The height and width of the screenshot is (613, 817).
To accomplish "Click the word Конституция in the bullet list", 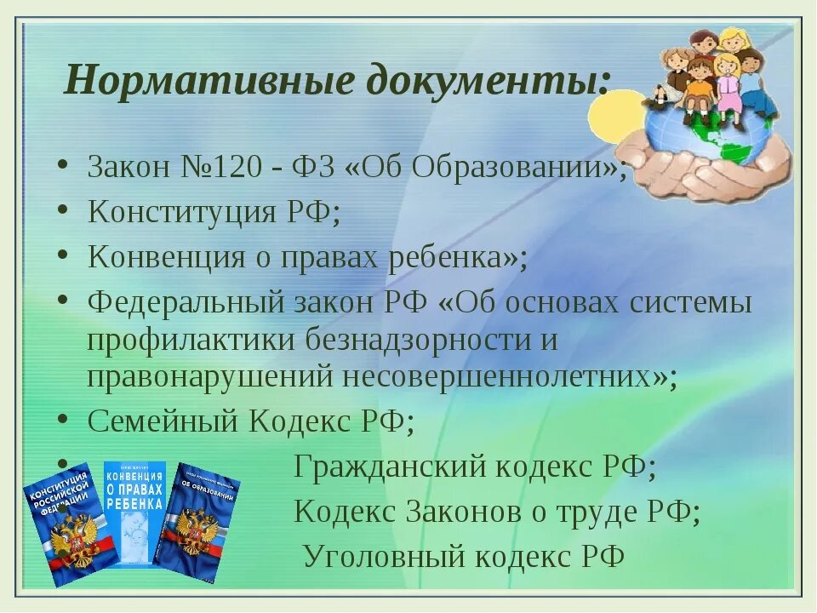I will [184, 212].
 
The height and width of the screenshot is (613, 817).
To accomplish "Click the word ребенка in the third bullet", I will [446, 257].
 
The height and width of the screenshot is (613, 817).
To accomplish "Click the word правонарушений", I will [208, 376].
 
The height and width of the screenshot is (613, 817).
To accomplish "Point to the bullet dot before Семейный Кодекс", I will [64, 421].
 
